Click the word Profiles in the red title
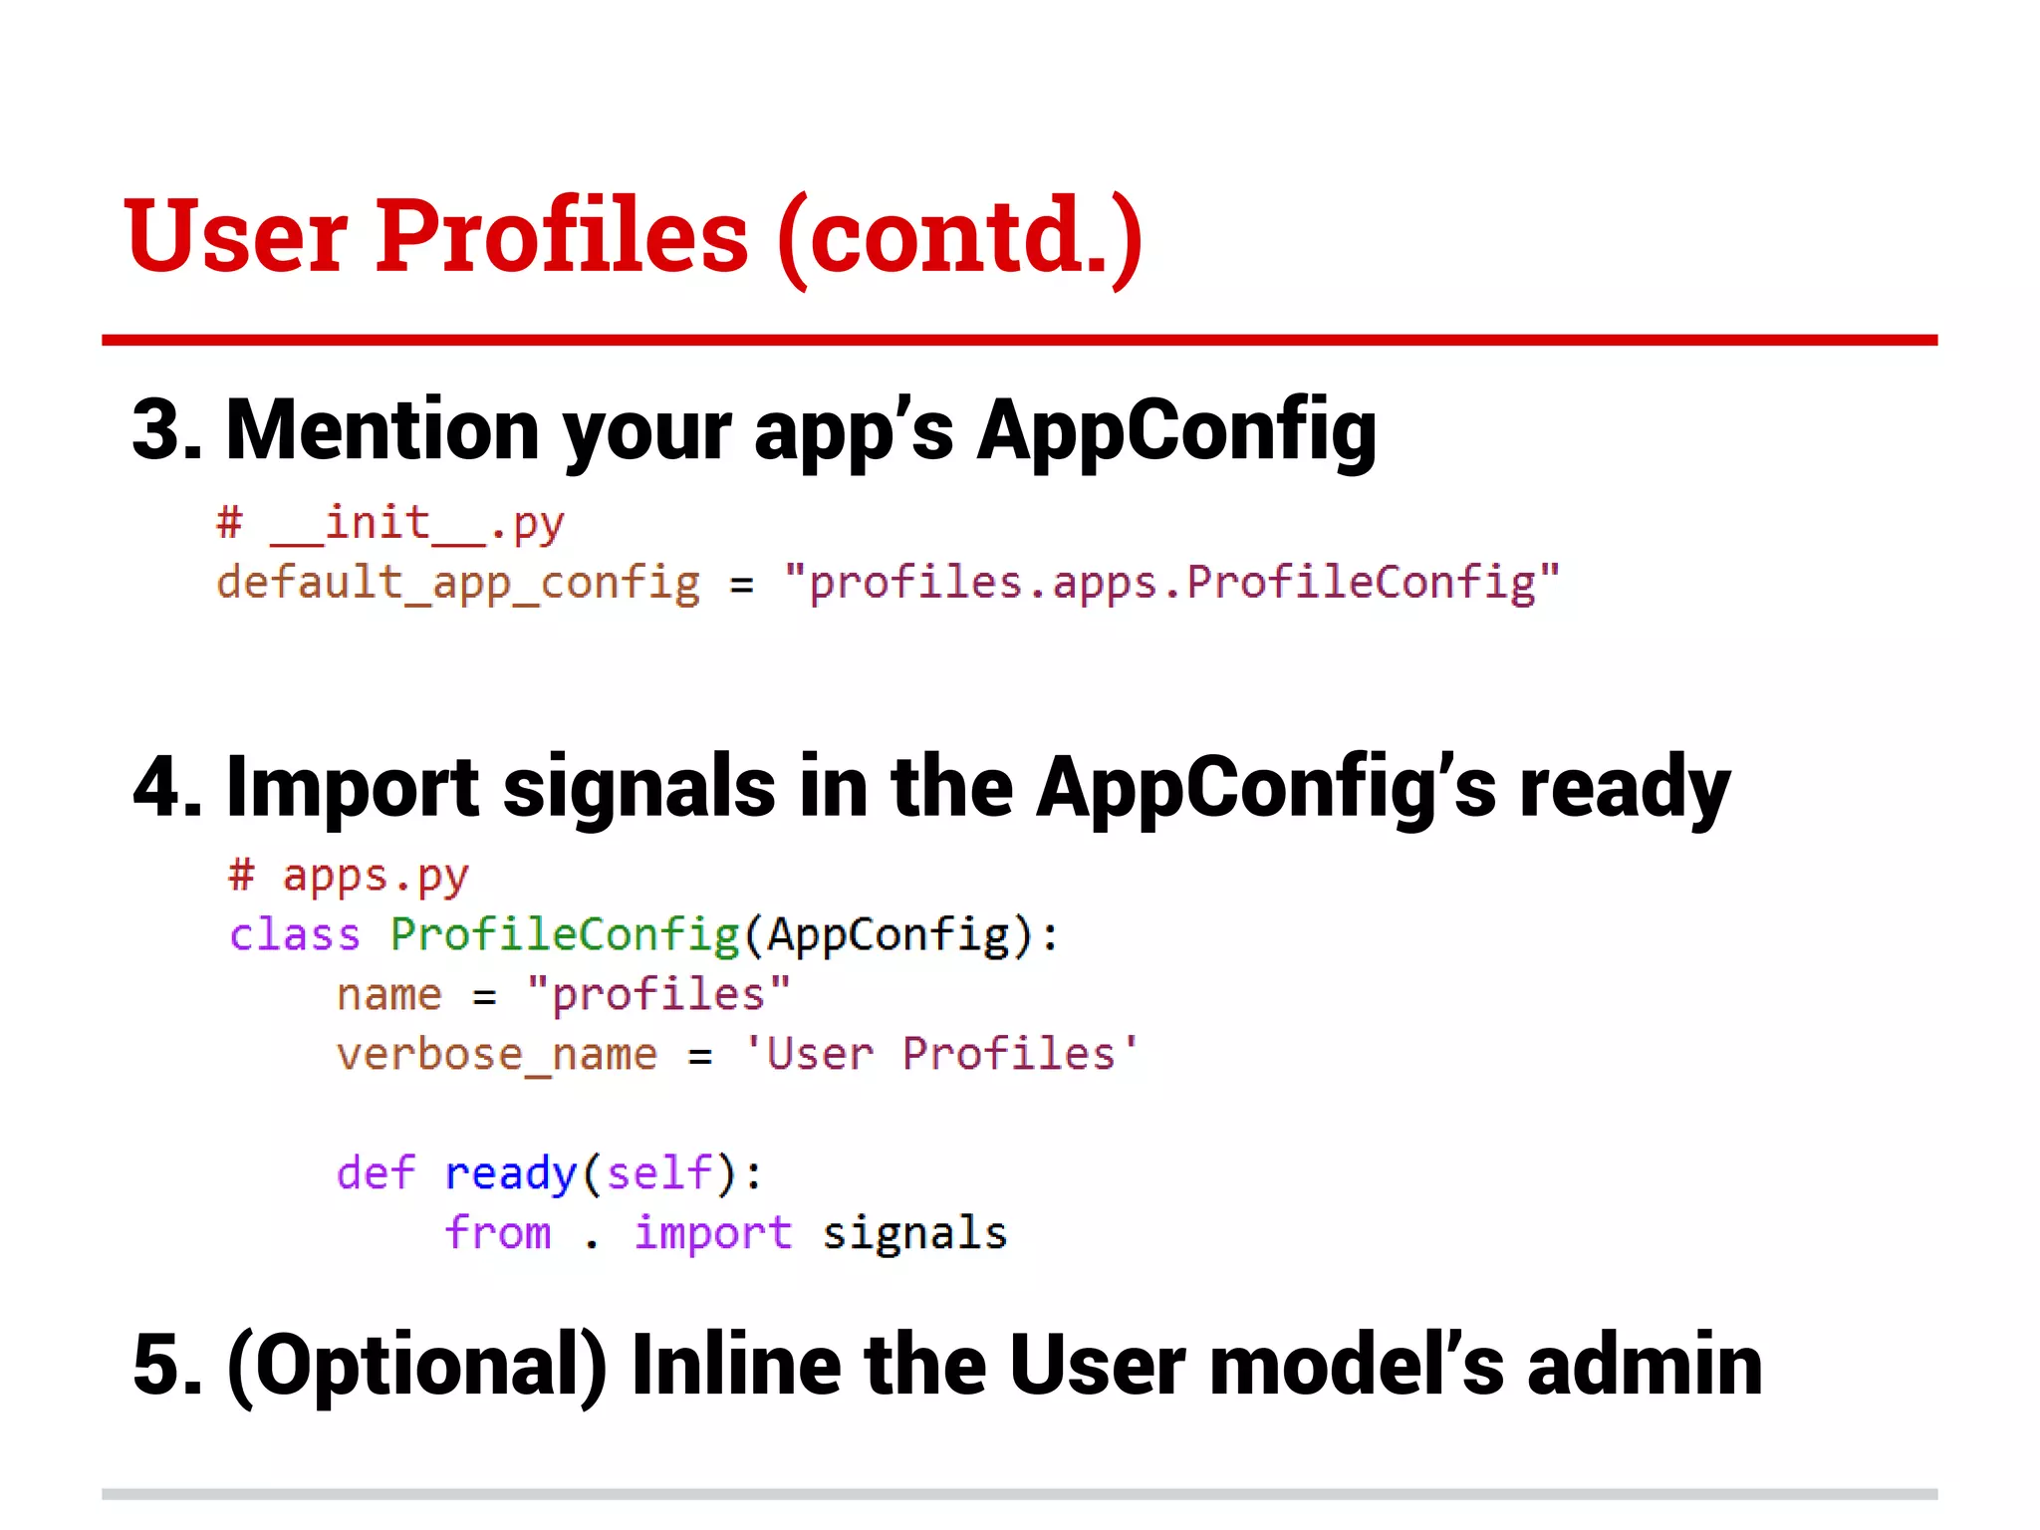click(561, 236)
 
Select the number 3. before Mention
click(165, 430)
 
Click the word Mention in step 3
click(382, 430)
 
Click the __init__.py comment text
click(416, 524)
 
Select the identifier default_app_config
click(458, 584)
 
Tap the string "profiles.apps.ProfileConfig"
click(1171, 584)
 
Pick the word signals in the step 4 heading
click(638, 787)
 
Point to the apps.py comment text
click(375, 877)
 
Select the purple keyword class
click(295, 935)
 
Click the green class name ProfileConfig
click(565, 935)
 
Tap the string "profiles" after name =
click(658, 994)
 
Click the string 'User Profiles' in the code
click(941, 1054)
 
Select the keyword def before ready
click(376, 1173)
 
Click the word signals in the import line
click(914, 1234)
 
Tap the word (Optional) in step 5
click(417, 1365)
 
